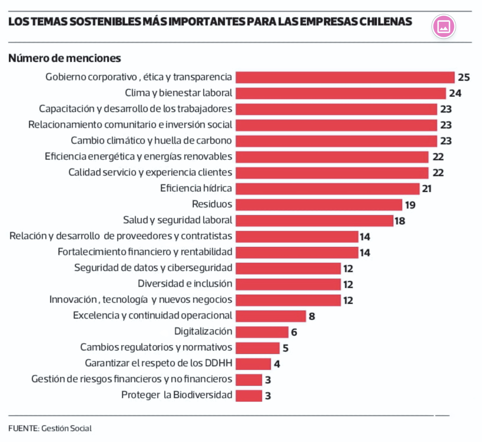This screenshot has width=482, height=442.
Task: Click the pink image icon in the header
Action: click(443, 26)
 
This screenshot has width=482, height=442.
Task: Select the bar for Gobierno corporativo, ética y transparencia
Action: click(345, 77)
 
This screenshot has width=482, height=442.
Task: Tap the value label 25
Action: click(464, 77)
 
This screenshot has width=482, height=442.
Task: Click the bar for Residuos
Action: click(319, 205)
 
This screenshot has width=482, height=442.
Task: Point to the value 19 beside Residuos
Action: click(410, 205)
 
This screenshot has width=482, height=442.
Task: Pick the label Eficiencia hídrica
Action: click(196, 188)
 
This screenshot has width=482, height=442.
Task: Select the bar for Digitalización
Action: click(262, 332)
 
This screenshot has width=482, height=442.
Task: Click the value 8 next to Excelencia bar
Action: click(312, 316)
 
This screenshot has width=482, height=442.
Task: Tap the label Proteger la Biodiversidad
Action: click(177, 395)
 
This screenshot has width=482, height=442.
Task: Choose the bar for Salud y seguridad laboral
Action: click(314, 221)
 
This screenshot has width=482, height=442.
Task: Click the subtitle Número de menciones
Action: click(64, 58)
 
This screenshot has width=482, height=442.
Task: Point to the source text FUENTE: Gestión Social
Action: click(50, 428)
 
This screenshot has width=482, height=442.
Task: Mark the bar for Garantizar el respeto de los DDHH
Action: click(253, 364)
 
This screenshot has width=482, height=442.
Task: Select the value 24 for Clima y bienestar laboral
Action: click(455, 93)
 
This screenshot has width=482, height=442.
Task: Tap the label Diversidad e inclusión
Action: click(185, 284)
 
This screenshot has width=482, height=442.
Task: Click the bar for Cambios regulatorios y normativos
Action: click(258, 348)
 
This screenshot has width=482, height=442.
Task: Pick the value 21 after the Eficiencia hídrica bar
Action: click(427, 189)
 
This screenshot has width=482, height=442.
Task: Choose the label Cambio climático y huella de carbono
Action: click(151, 141)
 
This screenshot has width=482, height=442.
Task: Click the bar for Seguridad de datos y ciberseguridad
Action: click(288, 268)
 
